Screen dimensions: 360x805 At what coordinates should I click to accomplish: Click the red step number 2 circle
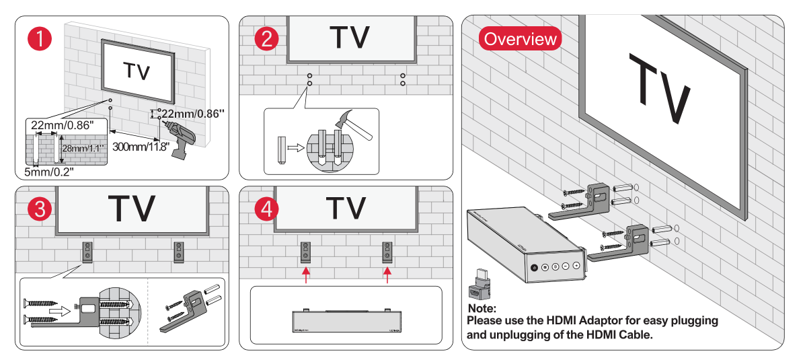pos(267,38)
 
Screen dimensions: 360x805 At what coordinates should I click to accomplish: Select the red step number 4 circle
pos(267,209)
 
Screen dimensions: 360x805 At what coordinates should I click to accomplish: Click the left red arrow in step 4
pos(306,274)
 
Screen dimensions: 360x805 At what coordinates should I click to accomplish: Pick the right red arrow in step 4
pos(387,274)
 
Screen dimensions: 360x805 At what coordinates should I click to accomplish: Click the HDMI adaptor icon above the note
pos(479,286)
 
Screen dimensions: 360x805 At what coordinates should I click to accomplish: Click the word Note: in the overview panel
pos(482,308)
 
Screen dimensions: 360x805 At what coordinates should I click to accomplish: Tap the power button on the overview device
pos(534,267)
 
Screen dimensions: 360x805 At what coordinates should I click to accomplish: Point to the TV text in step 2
pos(349,38)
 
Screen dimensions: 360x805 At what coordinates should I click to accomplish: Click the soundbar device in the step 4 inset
pos(346,321)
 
